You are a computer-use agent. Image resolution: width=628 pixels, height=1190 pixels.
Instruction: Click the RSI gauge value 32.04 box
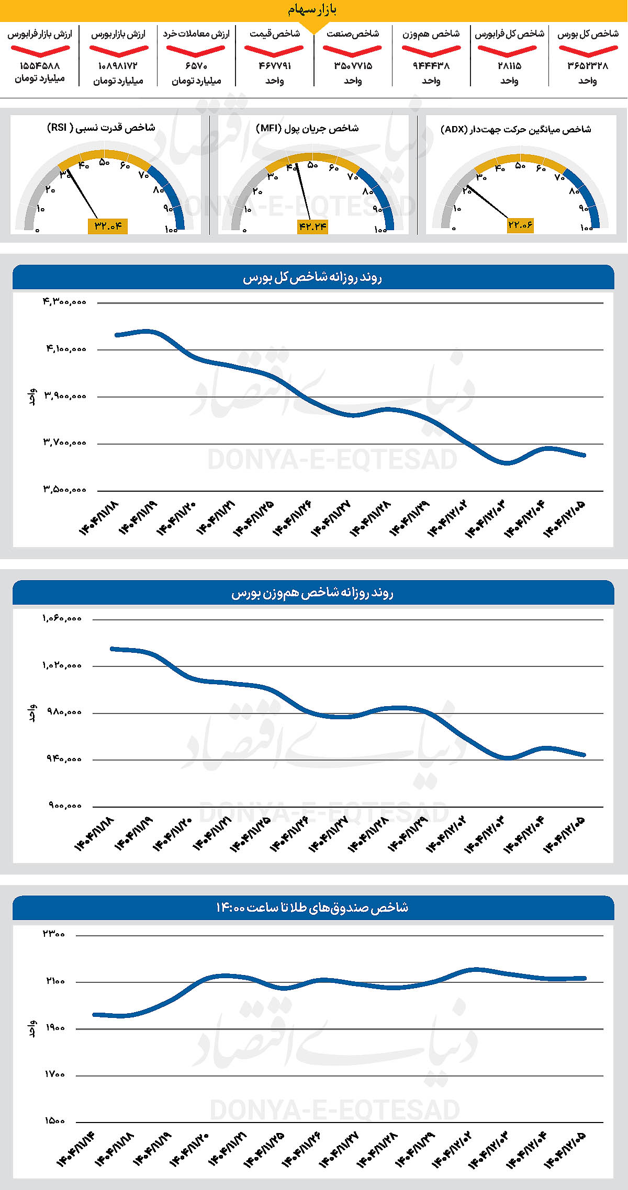108,226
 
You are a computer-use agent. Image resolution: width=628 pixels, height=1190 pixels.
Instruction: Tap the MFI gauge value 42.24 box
312,226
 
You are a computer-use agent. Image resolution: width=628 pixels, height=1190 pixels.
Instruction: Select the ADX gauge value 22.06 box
520,225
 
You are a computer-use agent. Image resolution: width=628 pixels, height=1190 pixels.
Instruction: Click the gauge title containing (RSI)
101,128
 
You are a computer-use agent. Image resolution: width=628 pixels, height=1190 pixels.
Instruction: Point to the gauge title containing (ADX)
515,129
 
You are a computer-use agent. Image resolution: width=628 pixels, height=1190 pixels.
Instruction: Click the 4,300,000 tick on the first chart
64,302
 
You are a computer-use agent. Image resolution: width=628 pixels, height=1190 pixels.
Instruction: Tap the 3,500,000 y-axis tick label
64,490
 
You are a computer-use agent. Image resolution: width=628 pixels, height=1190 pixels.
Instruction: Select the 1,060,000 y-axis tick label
62,618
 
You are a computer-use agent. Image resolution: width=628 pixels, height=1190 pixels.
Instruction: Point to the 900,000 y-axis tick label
65,806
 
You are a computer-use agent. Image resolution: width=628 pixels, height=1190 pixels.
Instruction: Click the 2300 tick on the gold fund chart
54,934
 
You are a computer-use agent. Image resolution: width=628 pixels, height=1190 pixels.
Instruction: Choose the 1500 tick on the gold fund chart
54,1120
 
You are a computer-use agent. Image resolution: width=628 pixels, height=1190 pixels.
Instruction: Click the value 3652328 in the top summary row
588,66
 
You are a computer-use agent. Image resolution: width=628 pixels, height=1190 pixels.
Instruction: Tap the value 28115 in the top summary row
509,66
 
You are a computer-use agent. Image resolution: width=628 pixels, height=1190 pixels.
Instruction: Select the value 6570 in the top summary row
196,66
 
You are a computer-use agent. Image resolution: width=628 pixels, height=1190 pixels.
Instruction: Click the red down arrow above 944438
431,51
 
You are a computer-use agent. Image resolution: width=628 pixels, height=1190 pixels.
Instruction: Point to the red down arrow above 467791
274,51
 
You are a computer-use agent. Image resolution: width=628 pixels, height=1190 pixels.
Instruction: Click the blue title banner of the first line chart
313,277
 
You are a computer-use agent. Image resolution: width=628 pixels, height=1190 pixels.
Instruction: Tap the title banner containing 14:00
313,908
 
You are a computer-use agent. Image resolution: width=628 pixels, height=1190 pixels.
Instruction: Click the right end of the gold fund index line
584,978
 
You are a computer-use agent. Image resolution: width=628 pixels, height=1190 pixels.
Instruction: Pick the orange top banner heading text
312,10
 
